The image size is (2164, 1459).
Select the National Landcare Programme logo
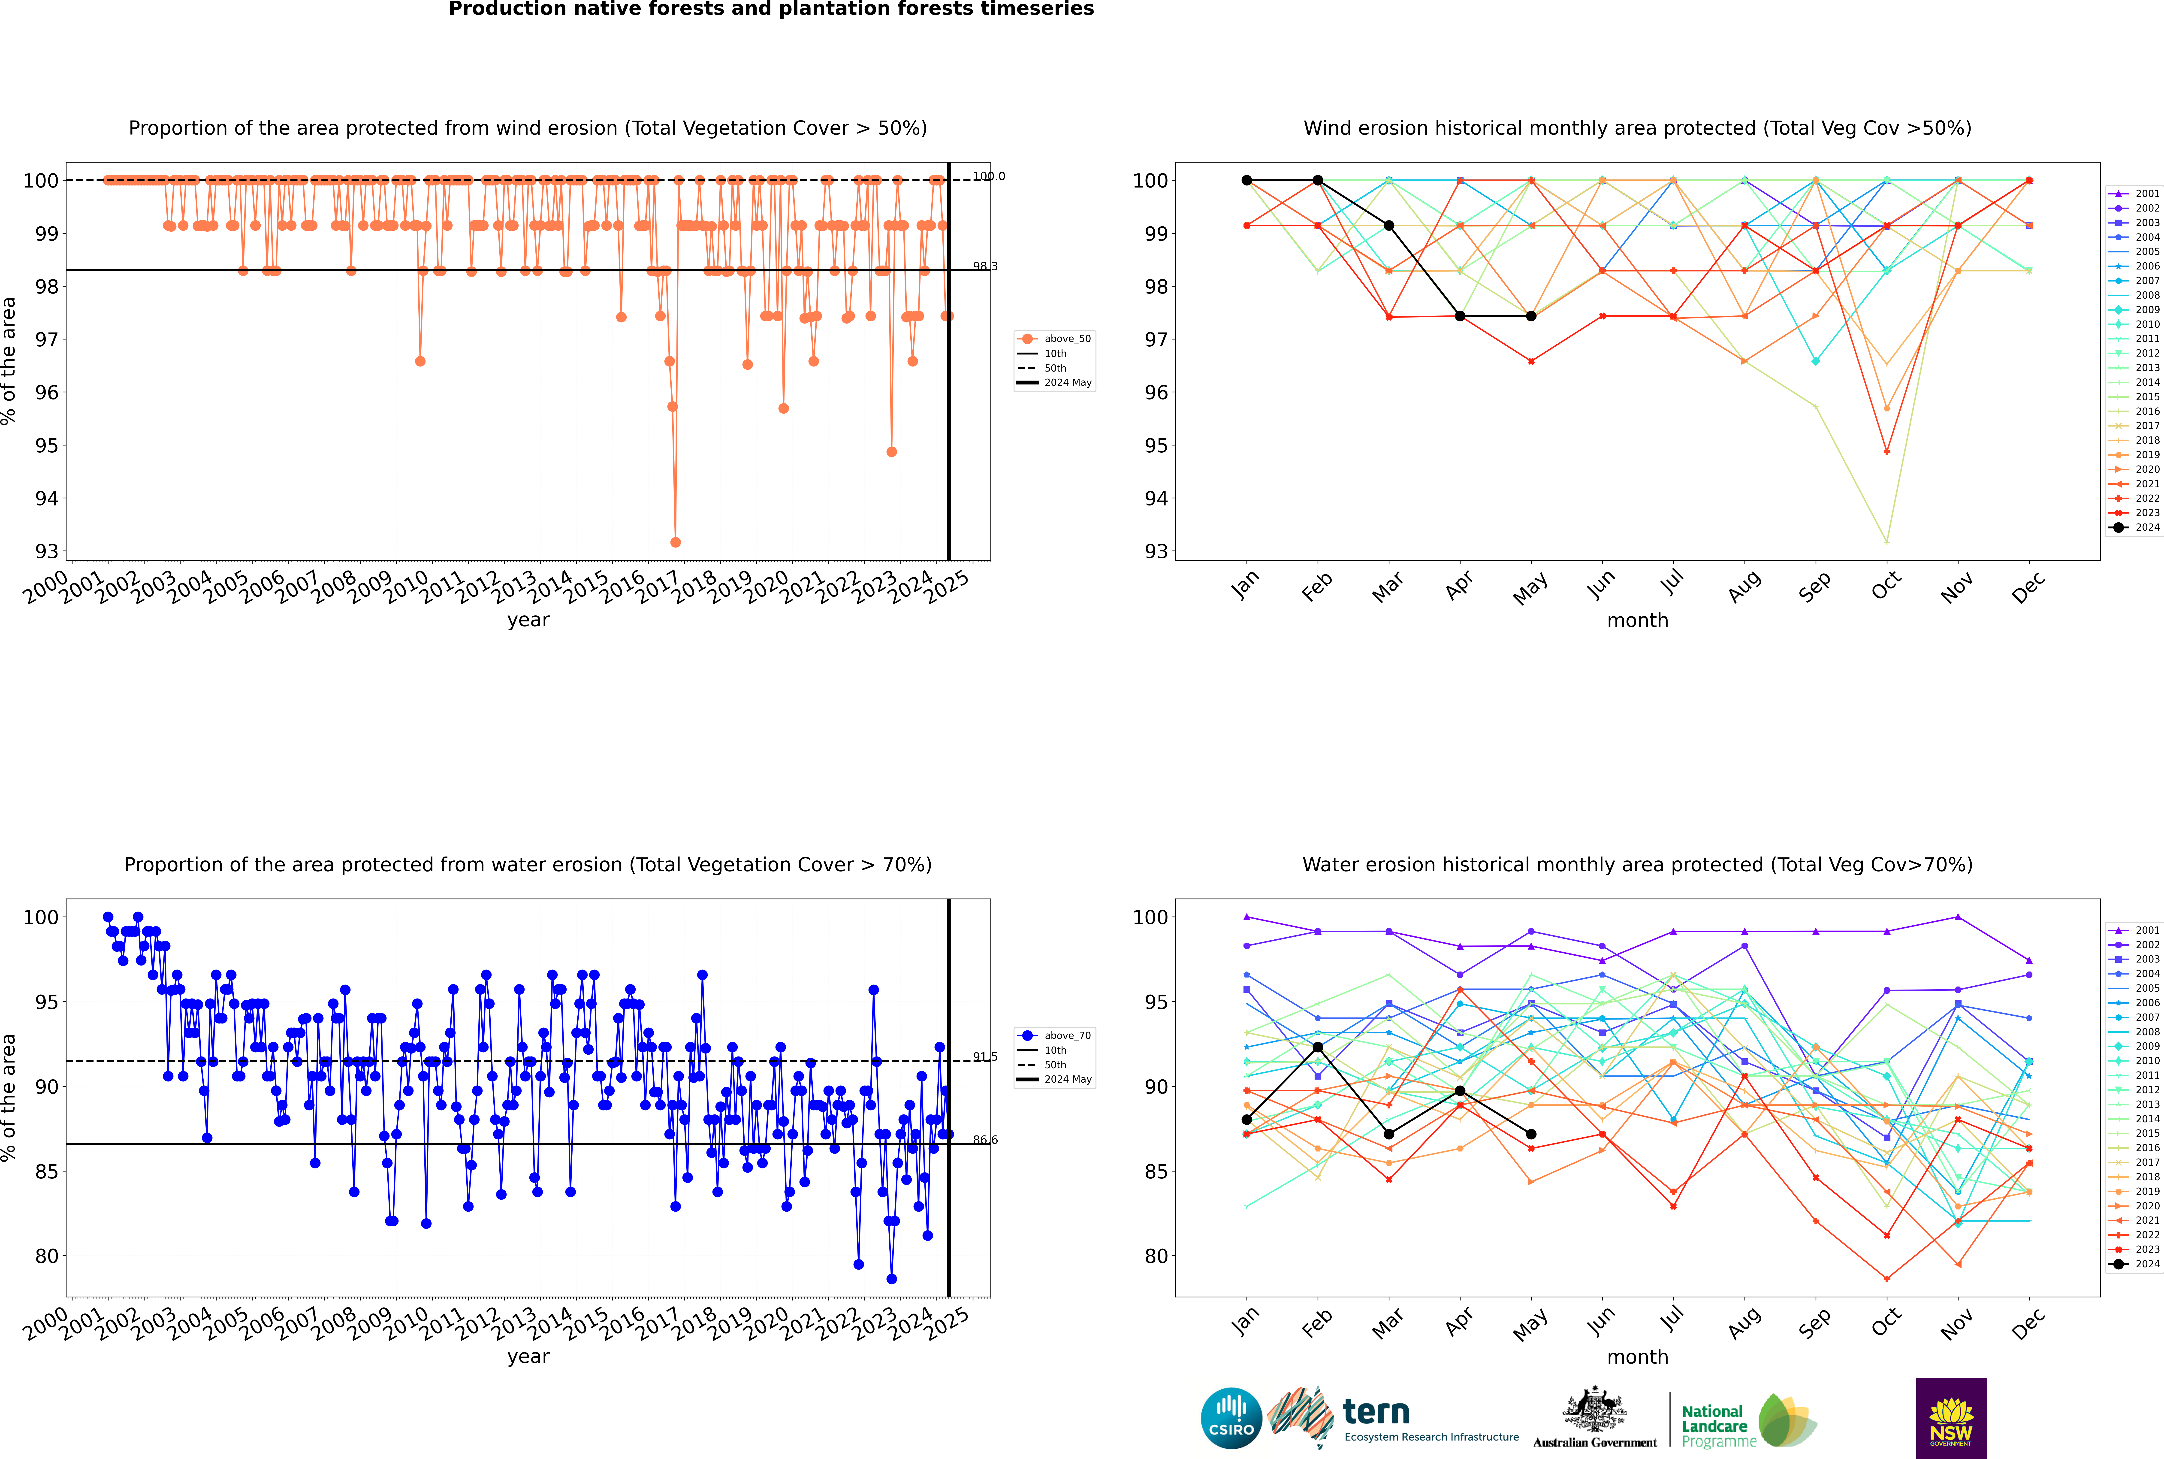coord(1747,1421)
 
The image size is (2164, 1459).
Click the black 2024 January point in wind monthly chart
coord(1247,181)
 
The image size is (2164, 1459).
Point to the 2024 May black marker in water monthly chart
coord(1531,1134)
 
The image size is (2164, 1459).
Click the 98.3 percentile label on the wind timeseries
coord(985,266)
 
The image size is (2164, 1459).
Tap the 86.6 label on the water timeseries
coord(985,1140)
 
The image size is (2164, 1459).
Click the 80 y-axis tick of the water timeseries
coord(46,1256)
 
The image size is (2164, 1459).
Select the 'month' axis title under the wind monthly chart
coord(1637,621)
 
